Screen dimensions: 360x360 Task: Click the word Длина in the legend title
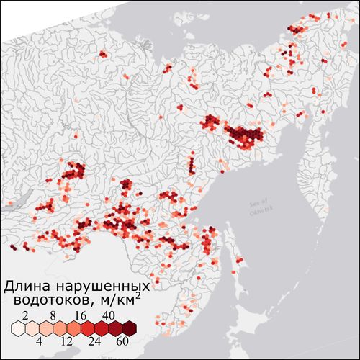30,282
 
